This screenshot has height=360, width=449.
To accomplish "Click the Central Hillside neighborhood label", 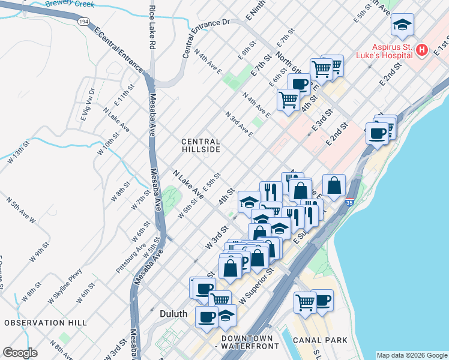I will click(201, 145).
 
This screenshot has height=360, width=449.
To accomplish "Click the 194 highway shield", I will click(83, 22).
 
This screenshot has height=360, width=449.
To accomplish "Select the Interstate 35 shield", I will click(349, 203).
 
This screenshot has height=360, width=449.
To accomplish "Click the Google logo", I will click(20, 353).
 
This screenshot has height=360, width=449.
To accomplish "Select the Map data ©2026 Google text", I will click(412, 355).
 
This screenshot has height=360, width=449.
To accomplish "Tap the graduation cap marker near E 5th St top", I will click(402, 25).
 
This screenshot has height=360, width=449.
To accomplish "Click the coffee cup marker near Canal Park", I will click(322, 300).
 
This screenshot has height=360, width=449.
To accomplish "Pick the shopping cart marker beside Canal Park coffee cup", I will click(305, 302).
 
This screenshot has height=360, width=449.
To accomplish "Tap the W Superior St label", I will click(256, 289).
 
